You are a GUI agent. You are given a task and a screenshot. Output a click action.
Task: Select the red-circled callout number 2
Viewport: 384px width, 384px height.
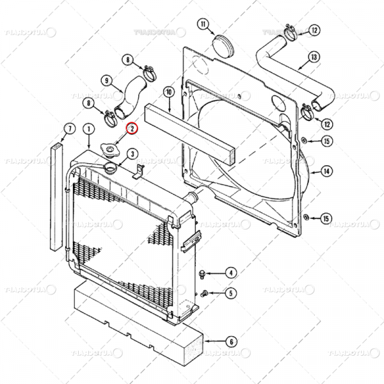[131, 129]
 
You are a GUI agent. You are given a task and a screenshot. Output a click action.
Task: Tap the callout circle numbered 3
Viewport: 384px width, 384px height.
[131, 153]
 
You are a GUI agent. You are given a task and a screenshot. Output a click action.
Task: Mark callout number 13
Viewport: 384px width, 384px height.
[314, 57]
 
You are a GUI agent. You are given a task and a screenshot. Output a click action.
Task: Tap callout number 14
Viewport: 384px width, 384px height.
[326, 171]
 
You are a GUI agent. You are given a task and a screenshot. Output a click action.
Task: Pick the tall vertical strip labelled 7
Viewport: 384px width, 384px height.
[57, 198]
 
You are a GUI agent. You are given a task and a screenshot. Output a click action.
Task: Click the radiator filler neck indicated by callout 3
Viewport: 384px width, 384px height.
[109, 169]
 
